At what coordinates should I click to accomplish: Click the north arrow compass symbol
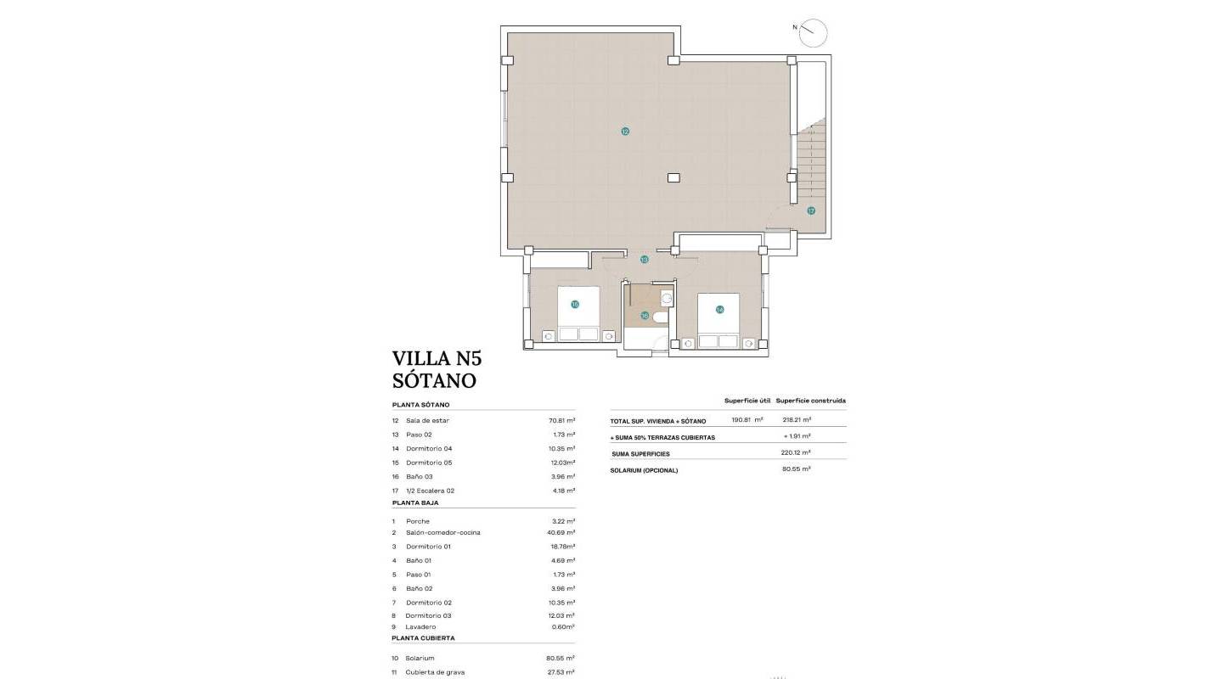point(813,32)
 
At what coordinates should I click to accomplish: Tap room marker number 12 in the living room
point(625,132)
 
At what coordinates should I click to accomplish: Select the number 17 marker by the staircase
point(811,210)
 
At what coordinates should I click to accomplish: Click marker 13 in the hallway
point(645,260)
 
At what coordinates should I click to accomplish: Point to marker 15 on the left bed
point(575,304)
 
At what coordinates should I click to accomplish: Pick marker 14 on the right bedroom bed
point(719,310)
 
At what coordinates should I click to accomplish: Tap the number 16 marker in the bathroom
point(645,316)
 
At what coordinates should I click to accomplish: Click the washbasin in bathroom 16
point(667,298)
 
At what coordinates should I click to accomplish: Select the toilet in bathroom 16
point(661,317)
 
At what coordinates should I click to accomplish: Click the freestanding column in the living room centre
point(673,178)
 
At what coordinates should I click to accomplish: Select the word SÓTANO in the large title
point(434,381)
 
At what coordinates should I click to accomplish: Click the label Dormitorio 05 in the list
point(429,463)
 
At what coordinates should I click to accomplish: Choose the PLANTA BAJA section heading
point(415,502)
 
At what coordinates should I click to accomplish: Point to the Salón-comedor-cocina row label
point(442,533)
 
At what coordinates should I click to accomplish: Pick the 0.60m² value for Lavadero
point(563,627)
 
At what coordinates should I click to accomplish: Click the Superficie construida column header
point(810,401)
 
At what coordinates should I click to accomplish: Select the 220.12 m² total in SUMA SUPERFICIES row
point(796,452)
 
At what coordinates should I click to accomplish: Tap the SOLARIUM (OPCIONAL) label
point(644,470)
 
